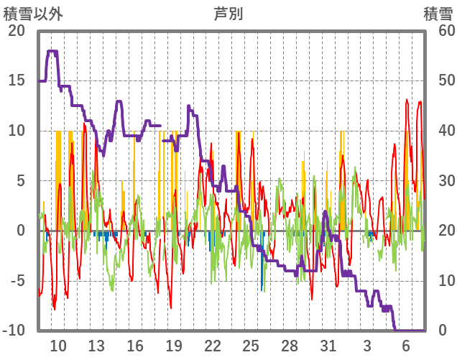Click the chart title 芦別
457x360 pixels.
coord(228,13)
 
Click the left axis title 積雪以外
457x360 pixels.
coord(33,13)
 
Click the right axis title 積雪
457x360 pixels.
coord(438,13)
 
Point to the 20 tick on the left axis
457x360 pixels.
coord(16,31)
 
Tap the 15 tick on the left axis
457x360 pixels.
coord(16,80)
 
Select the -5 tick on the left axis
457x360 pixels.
coord(16,281)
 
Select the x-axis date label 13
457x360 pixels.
coord(96,346)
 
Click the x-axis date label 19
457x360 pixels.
coord(174,346)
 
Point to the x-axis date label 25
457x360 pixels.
coord(251,346)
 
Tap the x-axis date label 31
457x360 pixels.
coord(328,346)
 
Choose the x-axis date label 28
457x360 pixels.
coord(290,346)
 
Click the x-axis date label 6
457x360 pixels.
coord(405,346)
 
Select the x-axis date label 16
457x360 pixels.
coord(135,346)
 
